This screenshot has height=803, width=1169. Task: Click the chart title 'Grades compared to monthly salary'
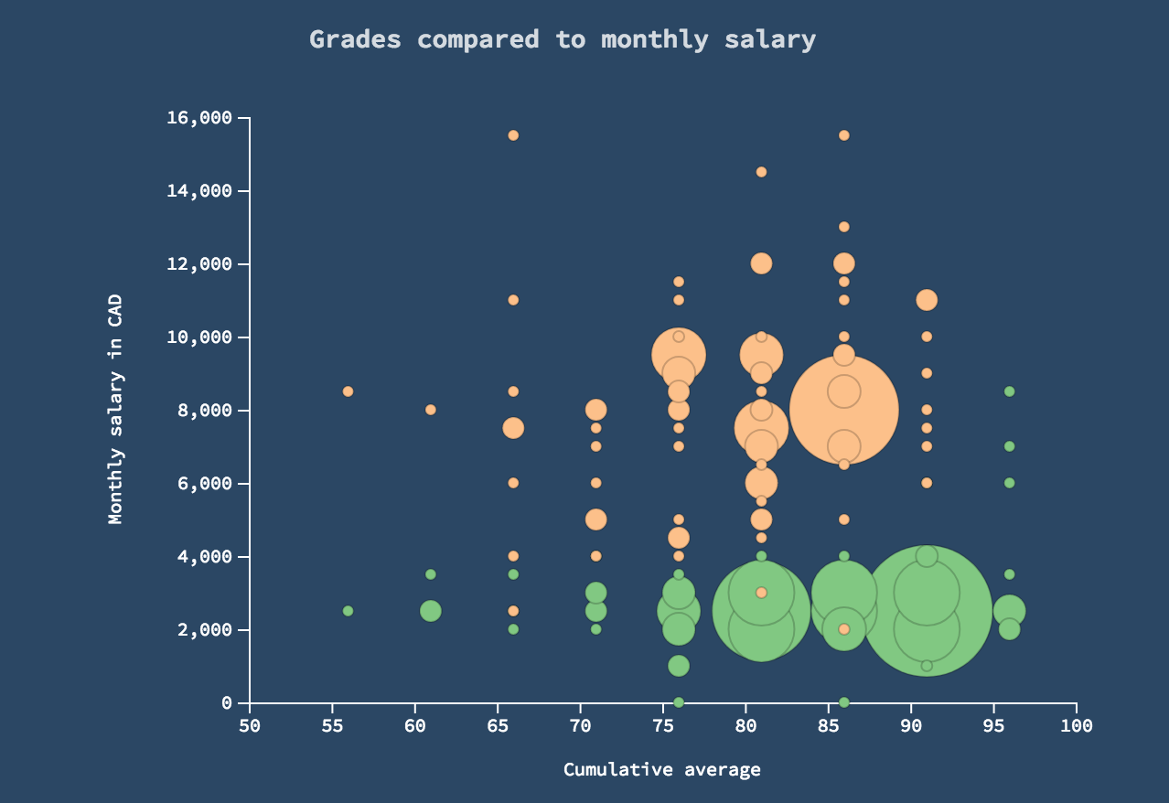tap(562, 39)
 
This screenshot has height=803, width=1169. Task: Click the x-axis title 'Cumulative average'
tap(661, 769)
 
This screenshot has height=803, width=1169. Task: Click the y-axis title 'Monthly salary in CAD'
tap(115, 410)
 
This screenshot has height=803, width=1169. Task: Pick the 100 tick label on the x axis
tap(1076, 725)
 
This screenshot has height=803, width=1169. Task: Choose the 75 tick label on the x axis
tap(663, 725)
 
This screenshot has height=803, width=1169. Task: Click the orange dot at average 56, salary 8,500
tap(348, 391)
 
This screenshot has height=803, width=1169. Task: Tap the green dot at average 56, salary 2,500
tap(348, 611)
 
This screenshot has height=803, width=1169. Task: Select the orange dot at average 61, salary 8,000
tap(431, 410)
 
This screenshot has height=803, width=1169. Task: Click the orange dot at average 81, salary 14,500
tap(761, 172)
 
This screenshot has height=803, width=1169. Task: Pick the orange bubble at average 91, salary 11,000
tap(927, 300)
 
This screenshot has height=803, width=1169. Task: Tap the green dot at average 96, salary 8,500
tap(1009, 391)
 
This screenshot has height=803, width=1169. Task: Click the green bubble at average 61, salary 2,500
tap(431, 611)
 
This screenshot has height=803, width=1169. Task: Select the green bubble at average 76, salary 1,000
tap(679, 666)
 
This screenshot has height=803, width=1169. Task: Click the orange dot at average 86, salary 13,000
tap(844, 227)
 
